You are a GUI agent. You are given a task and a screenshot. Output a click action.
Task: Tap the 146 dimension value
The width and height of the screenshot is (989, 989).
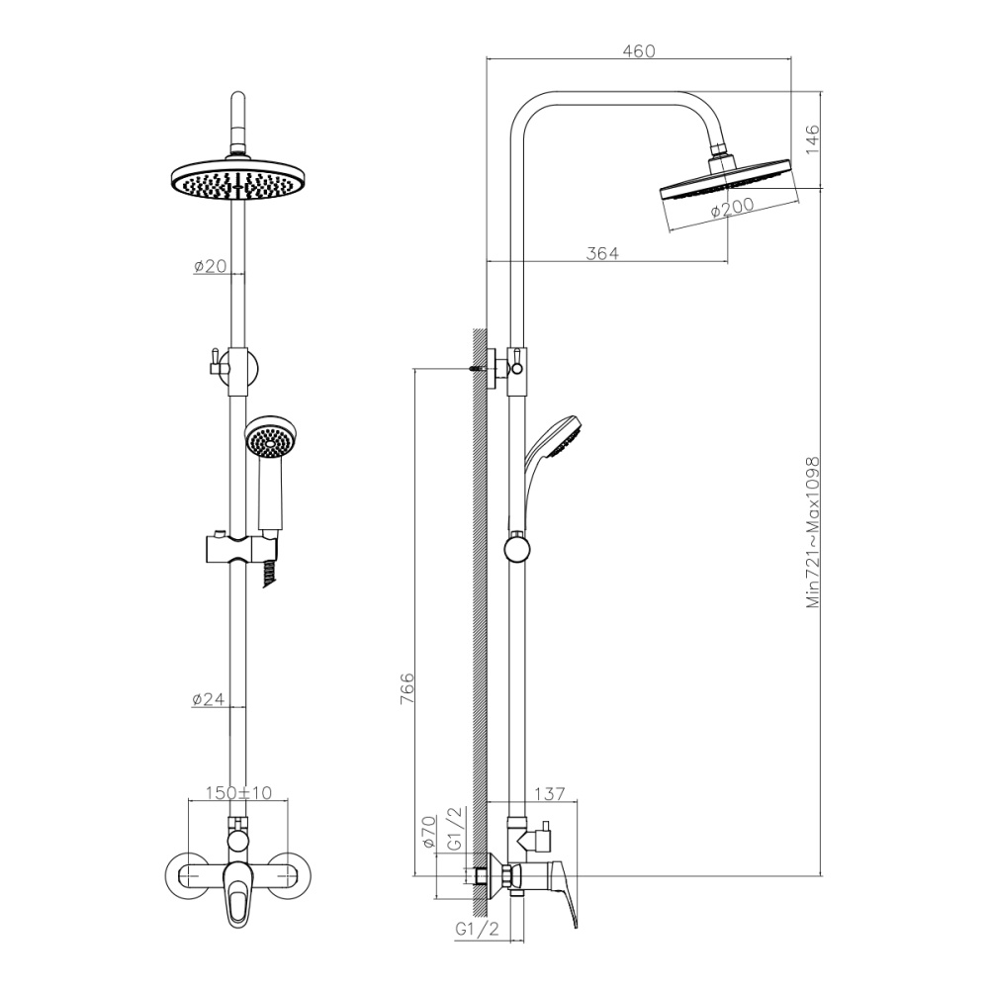click(813, 139)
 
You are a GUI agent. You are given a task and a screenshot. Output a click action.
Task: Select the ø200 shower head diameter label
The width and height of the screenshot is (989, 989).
click(733, 208)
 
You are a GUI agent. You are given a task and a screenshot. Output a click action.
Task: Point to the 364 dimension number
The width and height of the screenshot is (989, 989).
click(601, 254)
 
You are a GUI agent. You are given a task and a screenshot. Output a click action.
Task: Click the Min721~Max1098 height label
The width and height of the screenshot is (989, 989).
click(814, 532)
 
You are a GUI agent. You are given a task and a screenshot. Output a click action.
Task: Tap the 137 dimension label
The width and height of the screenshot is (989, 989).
click(549, 794)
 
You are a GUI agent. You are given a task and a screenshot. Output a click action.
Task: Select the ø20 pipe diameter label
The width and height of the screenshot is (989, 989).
click(210, 266)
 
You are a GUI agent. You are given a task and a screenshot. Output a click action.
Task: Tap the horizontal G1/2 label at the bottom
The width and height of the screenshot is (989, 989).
click(476, 930)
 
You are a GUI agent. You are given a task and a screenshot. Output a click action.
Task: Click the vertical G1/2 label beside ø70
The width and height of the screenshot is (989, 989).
click(455, 829)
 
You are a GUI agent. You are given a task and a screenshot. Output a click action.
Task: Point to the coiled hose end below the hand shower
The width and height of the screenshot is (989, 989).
click(269, 574)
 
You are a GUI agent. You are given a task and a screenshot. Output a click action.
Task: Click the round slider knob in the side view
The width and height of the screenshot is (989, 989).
click(515, 548)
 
